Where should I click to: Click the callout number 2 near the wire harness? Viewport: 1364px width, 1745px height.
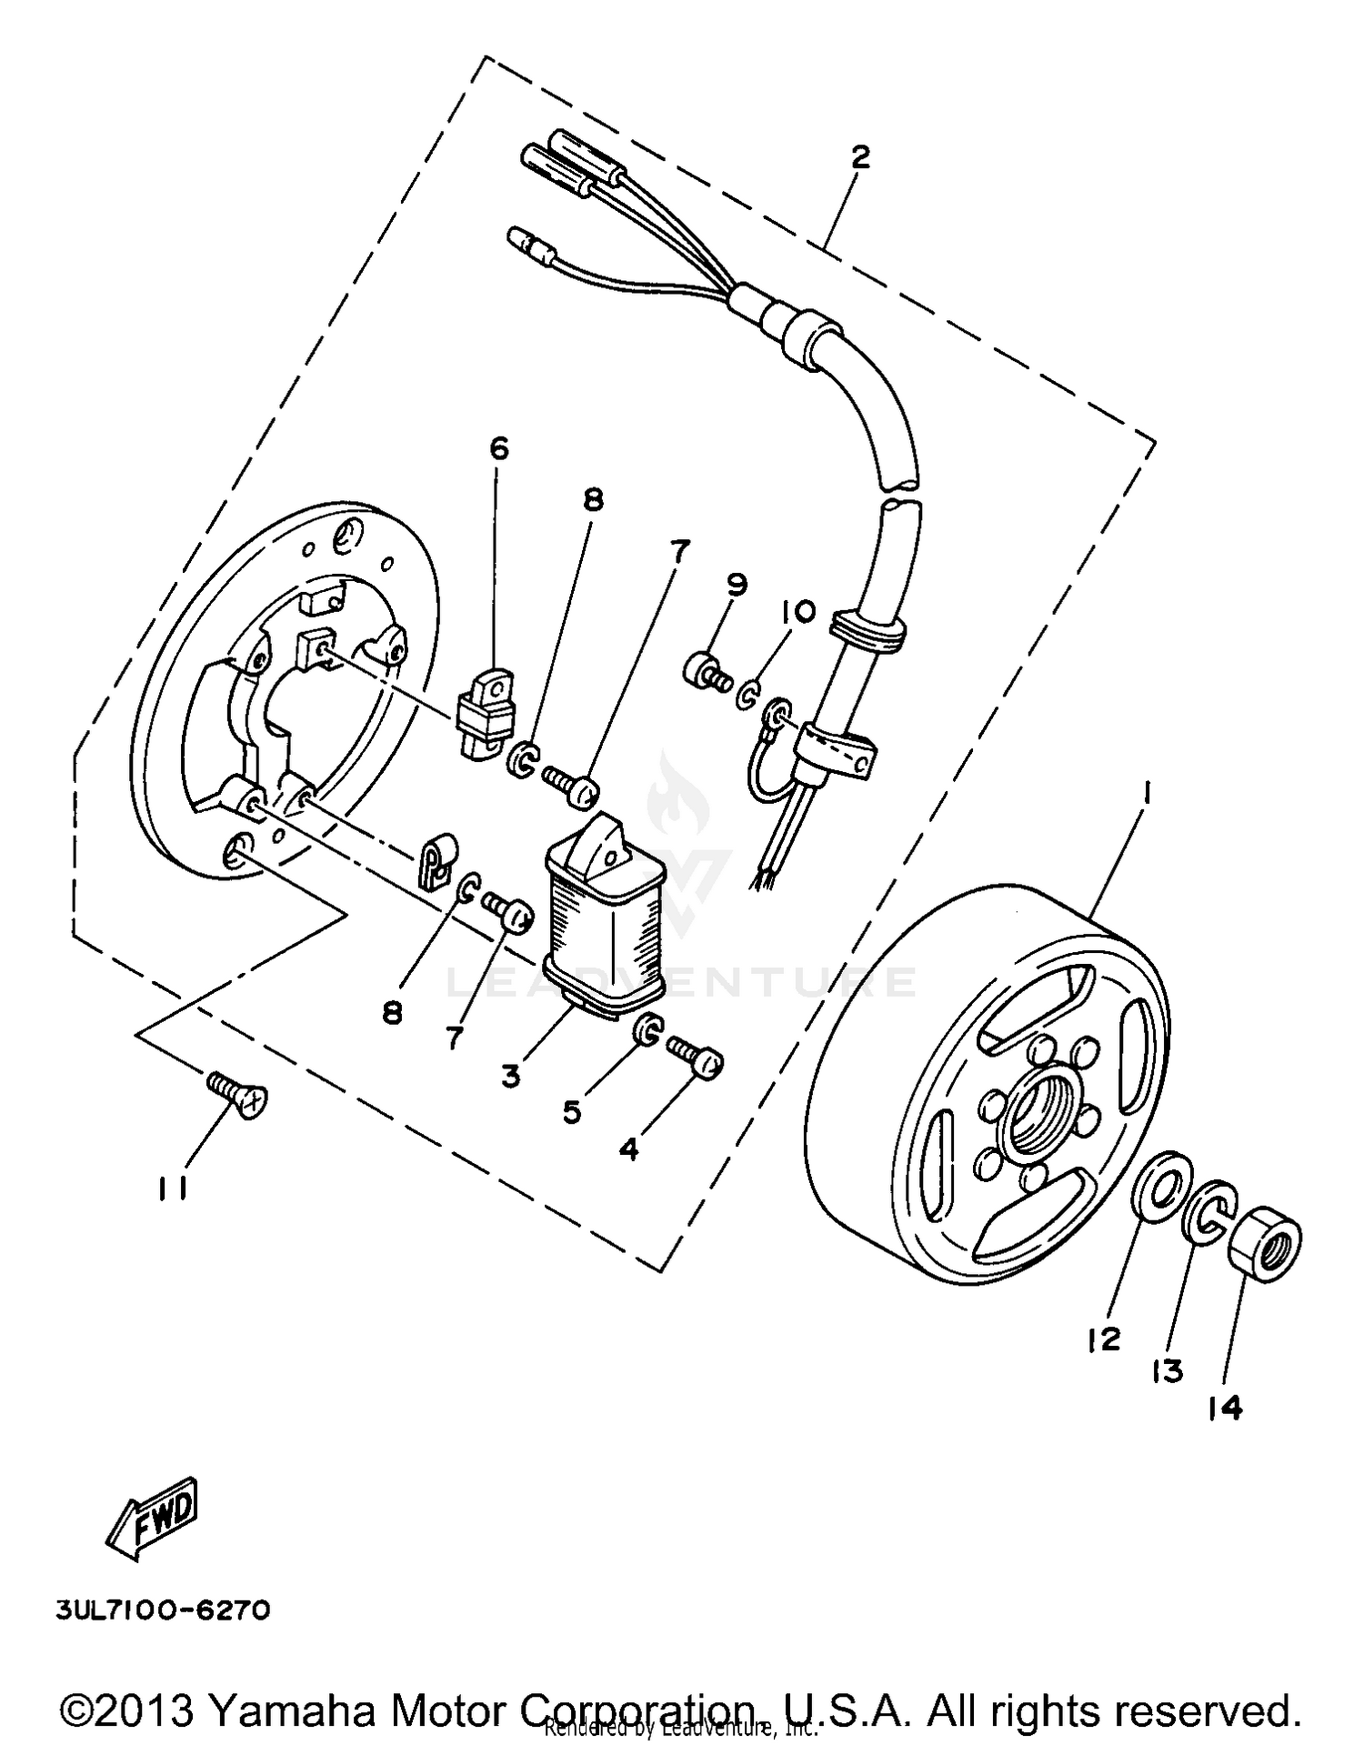click(860, 157)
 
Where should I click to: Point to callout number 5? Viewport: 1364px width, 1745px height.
click(571, 1111)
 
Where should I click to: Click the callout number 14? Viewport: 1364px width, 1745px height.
click(1224, 1408)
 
